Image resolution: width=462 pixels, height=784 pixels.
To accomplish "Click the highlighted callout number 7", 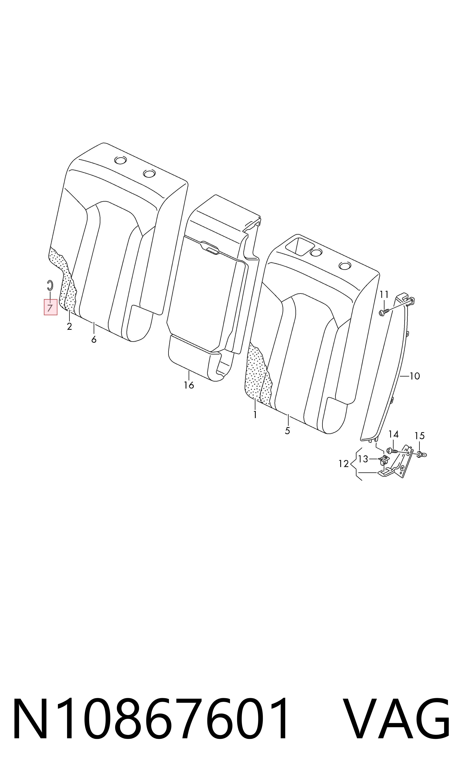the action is [50, 308].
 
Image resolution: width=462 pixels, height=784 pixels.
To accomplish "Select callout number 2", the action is [69, 326].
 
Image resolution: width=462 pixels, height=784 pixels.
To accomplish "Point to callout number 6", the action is [94, 339].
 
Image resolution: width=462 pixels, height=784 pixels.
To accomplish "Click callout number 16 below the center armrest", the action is [189, 385].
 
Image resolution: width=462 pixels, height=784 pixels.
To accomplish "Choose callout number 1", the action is [255, 415].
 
